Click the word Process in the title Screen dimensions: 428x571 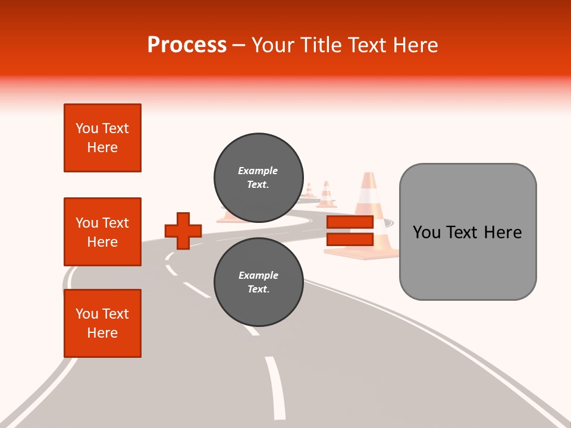tap(187, 45)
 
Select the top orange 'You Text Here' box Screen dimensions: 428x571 tap(102, 138)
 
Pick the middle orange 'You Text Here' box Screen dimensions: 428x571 tap(102, 232)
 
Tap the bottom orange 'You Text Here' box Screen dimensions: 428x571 tap(102, 323)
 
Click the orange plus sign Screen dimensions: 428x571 tap(183, 231)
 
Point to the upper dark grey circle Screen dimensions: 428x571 tap(258, 177)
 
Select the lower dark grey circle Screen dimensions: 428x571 tap(258, 282)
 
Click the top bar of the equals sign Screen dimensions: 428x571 tap(350, 222)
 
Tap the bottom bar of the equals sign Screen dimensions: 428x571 tap(350, 240)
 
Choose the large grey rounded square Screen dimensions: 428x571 tap(468, 232)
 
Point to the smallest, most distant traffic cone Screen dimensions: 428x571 tap(309, 191)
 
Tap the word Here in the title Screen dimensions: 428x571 tap(415, 45)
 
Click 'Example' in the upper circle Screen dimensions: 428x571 tap(258, 171)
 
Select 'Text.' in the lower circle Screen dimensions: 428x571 tap(258, 289)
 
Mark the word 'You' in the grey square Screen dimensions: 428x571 tap(426, 232)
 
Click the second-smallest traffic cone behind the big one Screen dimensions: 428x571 tap(326, 194)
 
